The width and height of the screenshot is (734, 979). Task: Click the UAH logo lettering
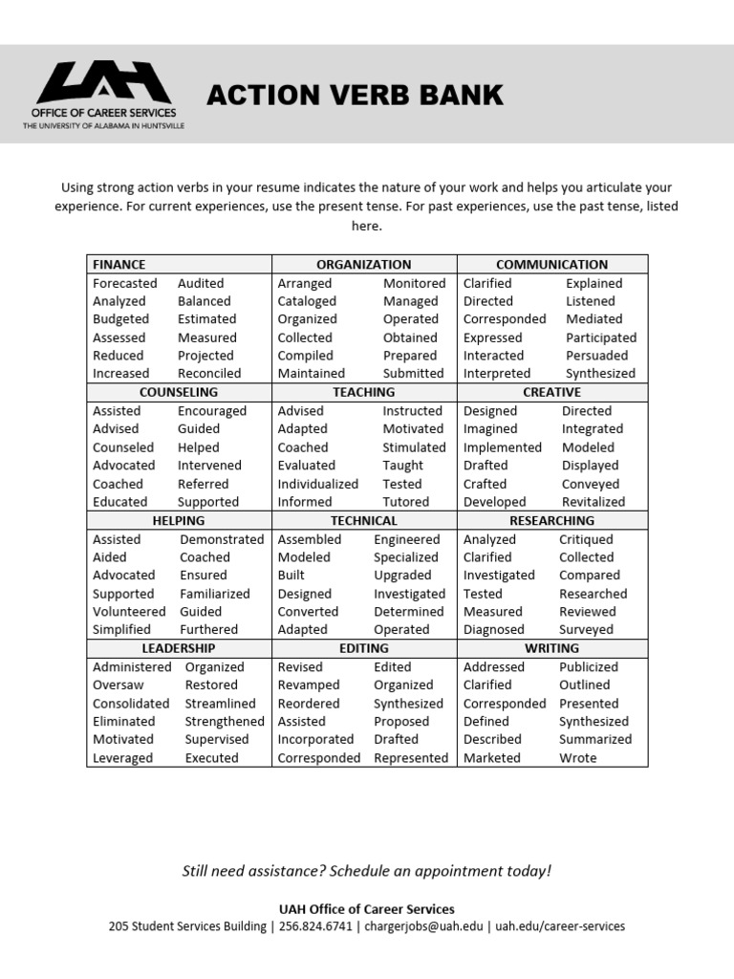pyautogui.click(x=104, y=82)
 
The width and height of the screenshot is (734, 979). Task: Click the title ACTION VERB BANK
pyautogui.click(x=355, y=96)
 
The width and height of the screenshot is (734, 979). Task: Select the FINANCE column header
pyautogui.click(x=119, y=264)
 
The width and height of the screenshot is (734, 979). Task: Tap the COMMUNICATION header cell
pyautogui.click(x=551, y=264)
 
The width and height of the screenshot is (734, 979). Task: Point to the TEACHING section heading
pyautogui.click(x=363, y=392)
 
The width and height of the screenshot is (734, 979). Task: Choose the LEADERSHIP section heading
pyautogui.click(x=179, y=648)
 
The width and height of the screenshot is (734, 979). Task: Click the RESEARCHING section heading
pyautogui.click(x=551, y=520)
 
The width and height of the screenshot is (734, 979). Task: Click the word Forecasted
pyautogui.click(x=125, y=283)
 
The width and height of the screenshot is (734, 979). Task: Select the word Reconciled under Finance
pyautogui.click(x=209, y=373)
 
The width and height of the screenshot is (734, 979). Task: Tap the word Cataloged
pyautogui.click(x=307, y=301)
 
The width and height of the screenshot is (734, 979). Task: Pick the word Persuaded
pyautogui.click(x=596, y=355)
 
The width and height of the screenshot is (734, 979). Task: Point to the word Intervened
pyautogui.click(x=209, y=466)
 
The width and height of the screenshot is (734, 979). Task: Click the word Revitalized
pyautogui.click(x=594, y=502)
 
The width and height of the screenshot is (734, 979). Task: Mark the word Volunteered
pyautogui.click(x=129, y=612)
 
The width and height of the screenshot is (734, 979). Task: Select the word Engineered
pyautogui.click(x=407, y=539)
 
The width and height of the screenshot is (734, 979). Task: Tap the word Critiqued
pyautogui.click(x=586, y=539)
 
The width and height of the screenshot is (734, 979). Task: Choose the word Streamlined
pyautogui.click(x=221, y=704)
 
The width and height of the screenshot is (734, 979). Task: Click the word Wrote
pyautogui.click(x=577, y=758)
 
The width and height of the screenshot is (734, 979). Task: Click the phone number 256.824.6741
pyautogui.click(x=315, y=926)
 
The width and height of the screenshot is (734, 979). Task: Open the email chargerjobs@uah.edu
pyautogui.click(x=423, y=926)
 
